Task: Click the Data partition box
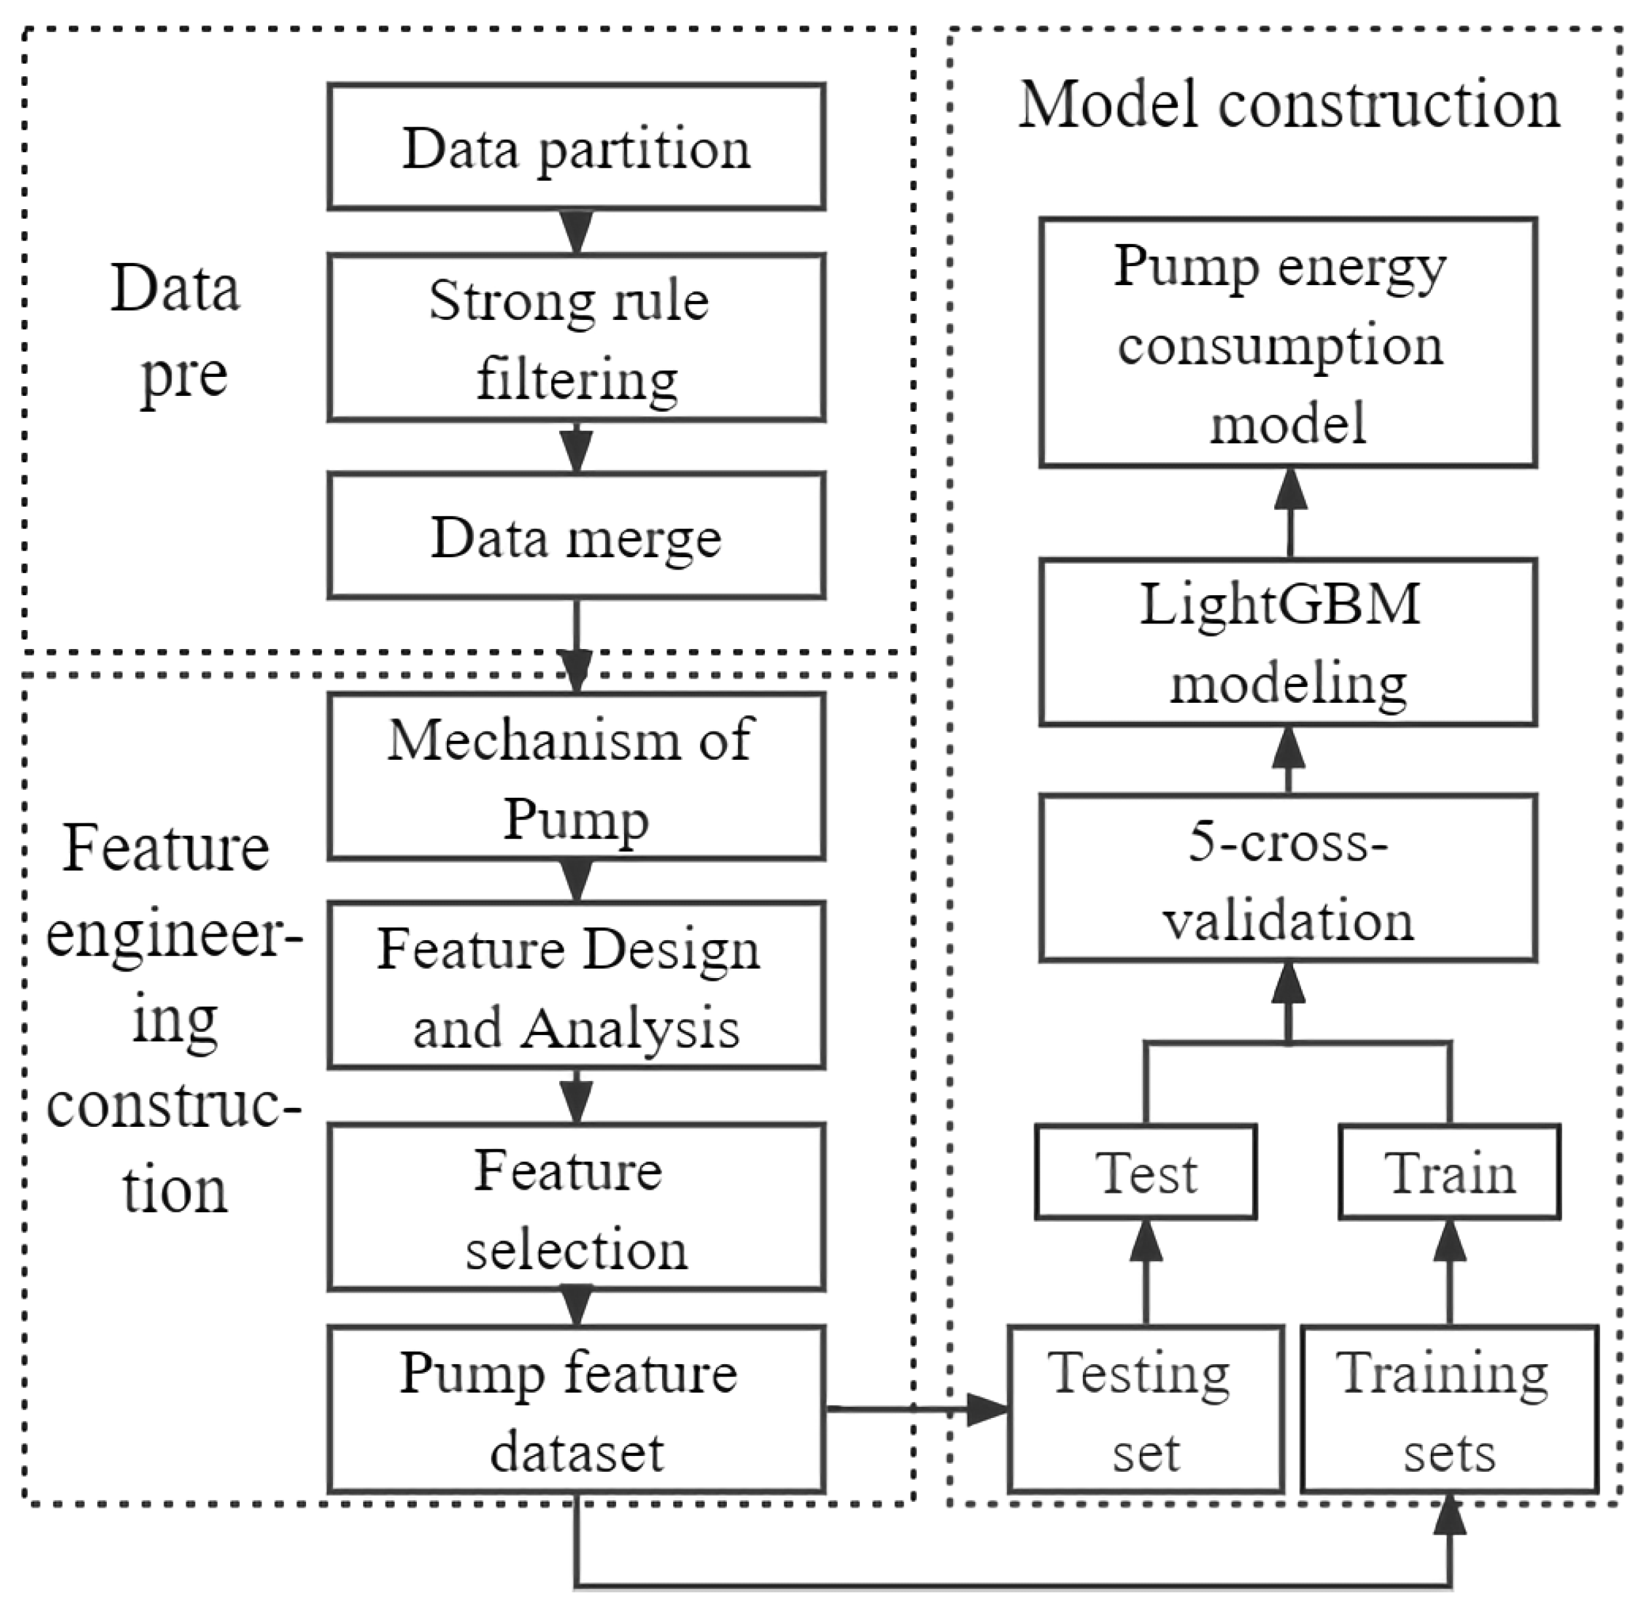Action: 575,146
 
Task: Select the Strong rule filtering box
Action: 575,337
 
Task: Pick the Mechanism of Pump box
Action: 575,776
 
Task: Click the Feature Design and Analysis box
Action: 575,985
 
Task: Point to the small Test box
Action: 1145,1173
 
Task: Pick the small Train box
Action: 1449,1173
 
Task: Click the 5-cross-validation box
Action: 1287,878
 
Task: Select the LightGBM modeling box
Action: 1287,642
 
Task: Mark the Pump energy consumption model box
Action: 1287,343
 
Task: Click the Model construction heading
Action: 1287,106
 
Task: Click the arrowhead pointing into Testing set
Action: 988,1409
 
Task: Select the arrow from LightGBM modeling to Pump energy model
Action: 1290,512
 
